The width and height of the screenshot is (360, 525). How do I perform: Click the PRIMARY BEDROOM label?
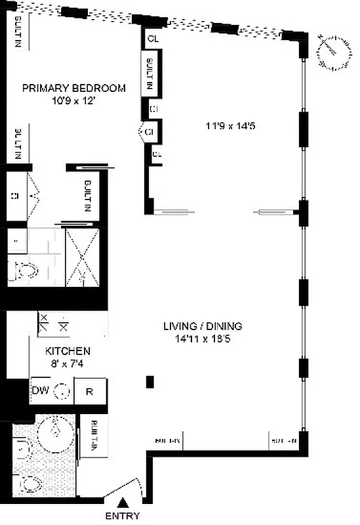pos(73,89)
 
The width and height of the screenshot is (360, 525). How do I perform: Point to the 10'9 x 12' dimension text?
pos(73,101)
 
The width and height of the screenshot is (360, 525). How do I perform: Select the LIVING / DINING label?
pos(203,325)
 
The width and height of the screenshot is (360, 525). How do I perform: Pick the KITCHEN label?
pos(68,352)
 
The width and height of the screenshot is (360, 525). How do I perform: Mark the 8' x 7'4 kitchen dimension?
pos(68,364)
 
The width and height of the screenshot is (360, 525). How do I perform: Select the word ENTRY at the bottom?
pos(123,516)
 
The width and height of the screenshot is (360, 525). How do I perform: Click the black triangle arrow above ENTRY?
pos(123,503)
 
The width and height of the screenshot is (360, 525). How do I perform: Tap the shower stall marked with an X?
pos(82,258)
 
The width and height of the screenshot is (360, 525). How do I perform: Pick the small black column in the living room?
pos(150,381)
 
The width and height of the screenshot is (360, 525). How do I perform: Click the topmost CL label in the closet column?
pos(153,38)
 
